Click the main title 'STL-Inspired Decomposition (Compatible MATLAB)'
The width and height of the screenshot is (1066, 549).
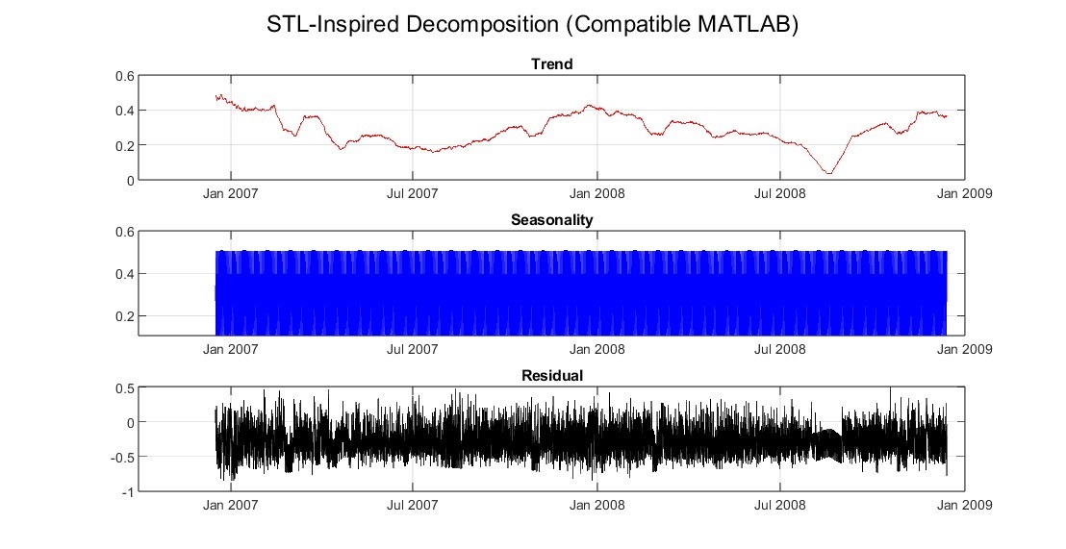(533, 26)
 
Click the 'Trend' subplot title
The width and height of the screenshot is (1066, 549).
(551, 64)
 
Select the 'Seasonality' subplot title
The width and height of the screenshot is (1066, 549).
(551, 220)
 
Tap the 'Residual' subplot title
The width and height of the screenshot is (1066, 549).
(551, 376)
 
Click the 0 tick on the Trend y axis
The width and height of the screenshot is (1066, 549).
(129, 181)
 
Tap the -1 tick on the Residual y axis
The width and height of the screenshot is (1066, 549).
(126, 492)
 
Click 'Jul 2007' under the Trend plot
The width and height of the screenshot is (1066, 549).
(413, 193)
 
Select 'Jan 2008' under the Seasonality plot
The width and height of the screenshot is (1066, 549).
(596, 349)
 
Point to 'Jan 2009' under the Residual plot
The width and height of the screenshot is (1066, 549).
(963, 505)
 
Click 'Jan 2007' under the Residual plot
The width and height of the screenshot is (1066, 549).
(230, 505)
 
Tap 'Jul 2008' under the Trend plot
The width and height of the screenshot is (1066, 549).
(779, 193)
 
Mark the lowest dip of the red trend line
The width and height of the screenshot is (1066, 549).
(828, 173)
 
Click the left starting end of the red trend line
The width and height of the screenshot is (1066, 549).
(216, 96)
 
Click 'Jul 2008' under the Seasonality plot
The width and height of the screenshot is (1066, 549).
(779, 349)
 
